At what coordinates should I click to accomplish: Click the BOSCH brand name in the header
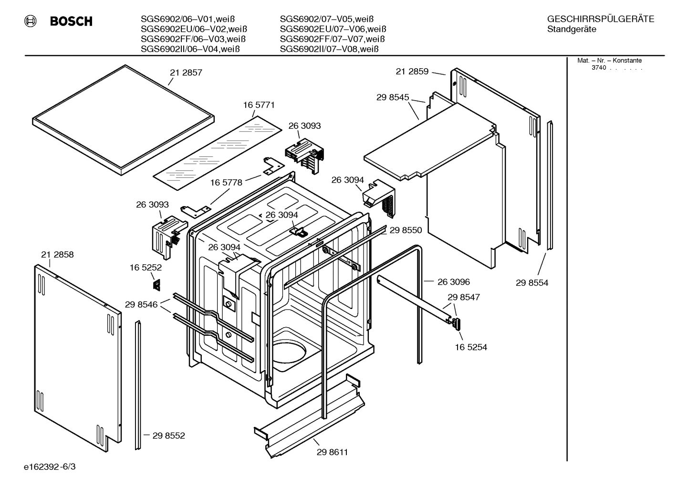click(x=71, y=21)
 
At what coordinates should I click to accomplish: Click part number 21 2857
click(x=186, y=73)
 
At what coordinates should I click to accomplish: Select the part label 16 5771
click(x=259, y=105)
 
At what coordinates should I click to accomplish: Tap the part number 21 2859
click(x=412, y=72)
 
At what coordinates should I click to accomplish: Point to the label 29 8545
click(x=393, y=97)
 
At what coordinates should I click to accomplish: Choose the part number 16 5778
click(x=226, y=183)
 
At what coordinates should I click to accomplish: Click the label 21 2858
click(x=57, y=255)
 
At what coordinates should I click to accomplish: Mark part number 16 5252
click(x=146, y=268)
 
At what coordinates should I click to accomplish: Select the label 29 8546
click(x=141, y=304)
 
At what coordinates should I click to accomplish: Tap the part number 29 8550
click(x=406, y=230)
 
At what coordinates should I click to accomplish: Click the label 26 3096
click(x=454, y=282)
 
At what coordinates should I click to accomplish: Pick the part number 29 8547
click(x=464, y=297)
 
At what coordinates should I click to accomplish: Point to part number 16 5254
click(x=471, y=347)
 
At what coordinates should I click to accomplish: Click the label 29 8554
click(x=532, y=283)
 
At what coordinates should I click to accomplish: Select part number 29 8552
click(x=168, y=435)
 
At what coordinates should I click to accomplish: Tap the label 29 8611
click(x=332, y=452)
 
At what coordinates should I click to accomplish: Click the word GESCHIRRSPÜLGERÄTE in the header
click(x=601, y=19)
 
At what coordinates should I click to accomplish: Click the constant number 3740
click(x=598, y=68)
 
